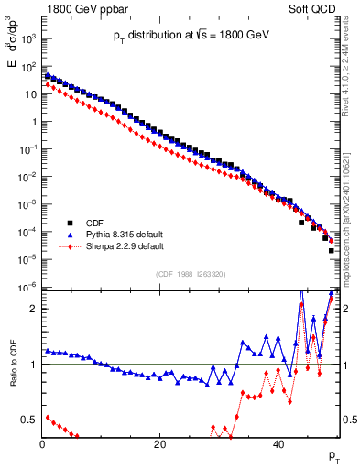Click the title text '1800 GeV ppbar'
(81, 7)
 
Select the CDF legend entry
(93, 223)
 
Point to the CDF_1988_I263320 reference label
(191, 274)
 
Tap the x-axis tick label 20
(159, 444)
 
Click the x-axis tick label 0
(42, 444)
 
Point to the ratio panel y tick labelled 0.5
(29, 420)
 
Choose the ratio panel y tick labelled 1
(33, 365)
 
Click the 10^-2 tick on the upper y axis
(27, 177)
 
